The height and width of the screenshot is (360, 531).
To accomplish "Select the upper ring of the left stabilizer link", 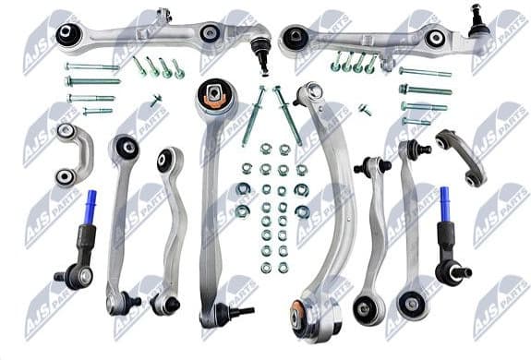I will (x=65, y=131).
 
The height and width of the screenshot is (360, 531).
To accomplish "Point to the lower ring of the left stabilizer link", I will (x=65, y=176).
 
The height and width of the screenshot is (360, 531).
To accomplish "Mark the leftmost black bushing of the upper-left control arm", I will (x=66, y=34).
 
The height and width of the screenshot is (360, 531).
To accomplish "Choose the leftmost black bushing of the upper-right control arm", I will (x=296, y=38).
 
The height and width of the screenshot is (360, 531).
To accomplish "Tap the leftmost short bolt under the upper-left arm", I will (x=139, y=66).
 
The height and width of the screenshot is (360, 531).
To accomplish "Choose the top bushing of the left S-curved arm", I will (x=166, y=159).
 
